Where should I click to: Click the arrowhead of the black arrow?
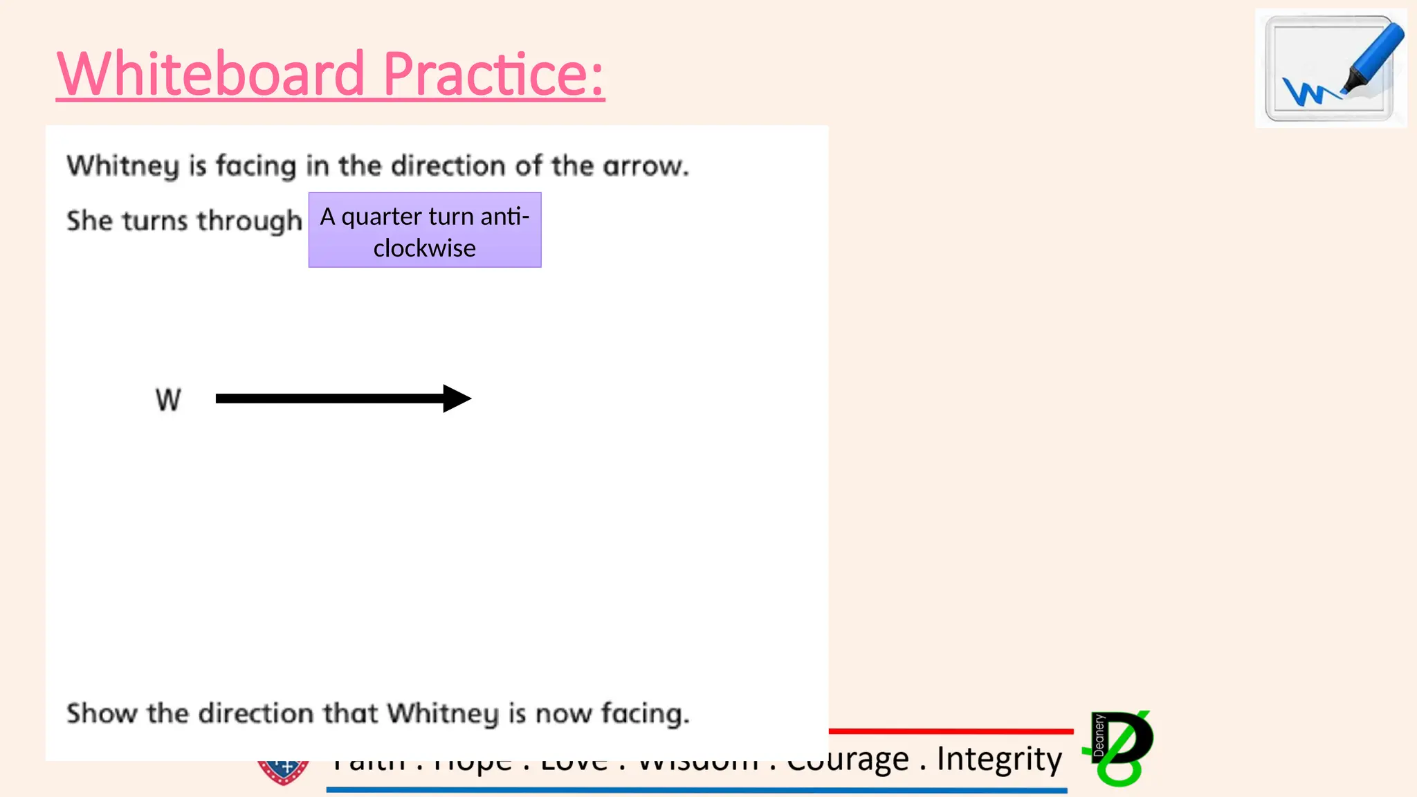click(x=457, y=398)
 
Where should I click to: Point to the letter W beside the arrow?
click(x=168, y=400)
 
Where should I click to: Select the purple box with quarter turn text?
click(x=425, y=230)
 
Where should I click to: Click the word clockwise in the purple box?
click(x=425, y=248)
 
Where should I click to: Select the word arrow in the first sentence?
click(x=644, y=167)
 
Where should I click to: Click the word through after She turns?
click(x=250, y=221)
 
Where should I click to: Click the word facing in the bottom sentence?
click(x=644, y=713)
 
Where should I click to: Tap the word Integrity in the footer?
click(x=998, y=758)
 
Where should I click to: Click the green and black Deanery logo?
click(x=1120, y=748)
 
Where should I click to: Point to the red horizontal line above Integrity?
click(x=951, y=731)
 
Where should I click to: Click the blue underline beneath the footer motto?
click(x=696, y=789)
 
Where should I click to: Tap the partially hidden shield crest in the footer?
click(x=283, y=772)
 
